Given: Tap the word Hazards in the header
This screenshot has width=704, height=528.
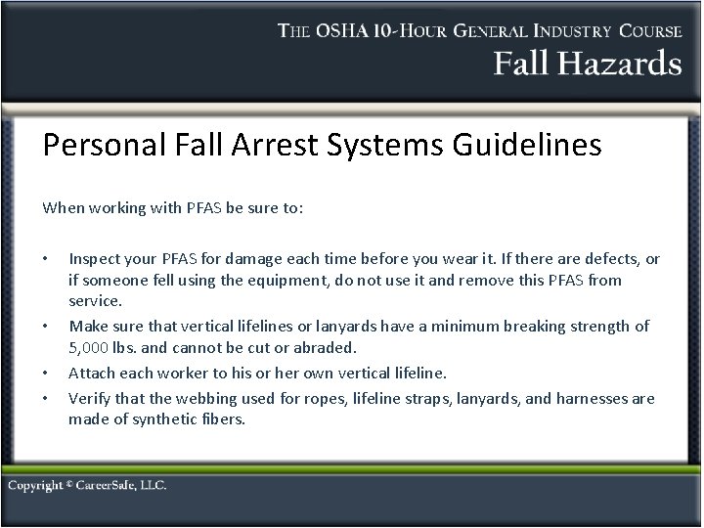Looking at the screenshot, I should click(x=615, y=65).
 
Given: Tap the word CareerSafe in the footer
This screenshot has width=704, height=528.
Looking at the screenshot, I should click(x=110, y=486).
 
